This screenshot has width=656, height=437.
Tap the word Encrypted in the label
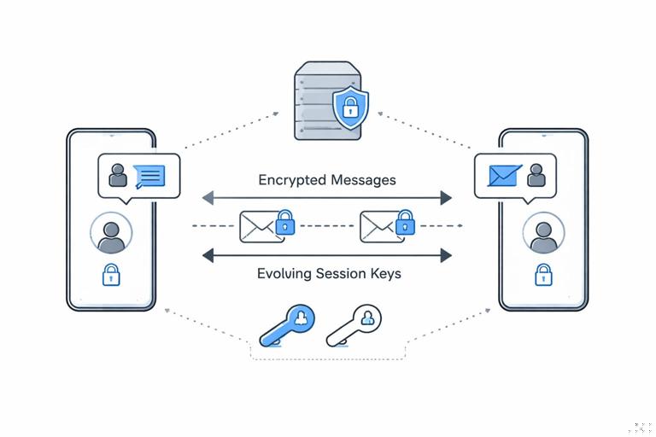290,181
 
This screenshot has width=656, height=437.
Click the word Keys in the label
384,274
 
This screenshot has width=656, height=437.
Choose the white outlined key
354,325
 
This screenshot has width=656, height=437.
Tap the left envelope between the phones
259,226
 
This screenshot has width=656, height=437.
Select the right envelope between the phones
378,226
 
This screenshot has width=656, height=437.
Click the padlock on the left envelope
285,224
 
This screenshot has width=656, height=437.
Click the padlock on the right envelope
405,224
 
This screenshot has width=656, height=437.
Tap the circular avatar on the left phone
111,233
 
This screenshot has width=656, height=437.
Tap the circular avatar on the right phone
542,233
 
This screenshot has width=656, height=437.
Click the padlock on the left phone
111,275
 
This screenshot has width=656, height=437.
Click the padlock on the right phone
542,275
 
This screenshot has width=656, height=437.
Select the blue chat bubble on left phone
149,176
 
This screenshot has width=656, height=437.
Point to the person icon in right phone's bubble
536,175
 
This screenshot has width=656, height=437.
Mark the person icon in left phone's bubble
118,176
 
